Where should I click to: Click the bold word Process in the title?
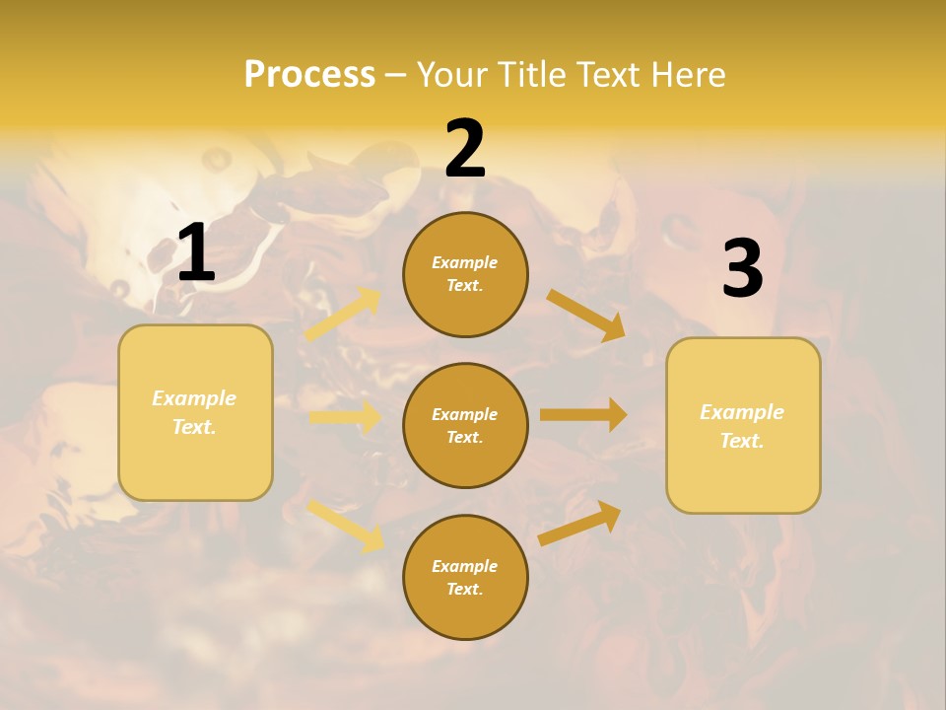[x=309, y=74]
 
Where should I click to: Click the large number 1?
[x=196, y=252]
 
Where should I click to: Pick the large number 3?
[x=742, y=269]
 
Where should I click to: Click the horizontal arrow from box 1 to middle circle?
[x=345, y=417]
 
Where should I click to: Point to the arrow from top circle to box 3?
[x=586, y=315]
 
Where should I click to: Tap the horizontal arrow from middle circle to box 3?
[x=583, y=415]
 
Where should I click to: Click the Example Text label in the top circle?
[x=465, y=274]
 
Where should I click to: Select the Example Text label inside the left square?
[x=195, y=412]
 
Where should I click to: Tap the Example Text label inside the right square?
[x=743, y=426]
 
